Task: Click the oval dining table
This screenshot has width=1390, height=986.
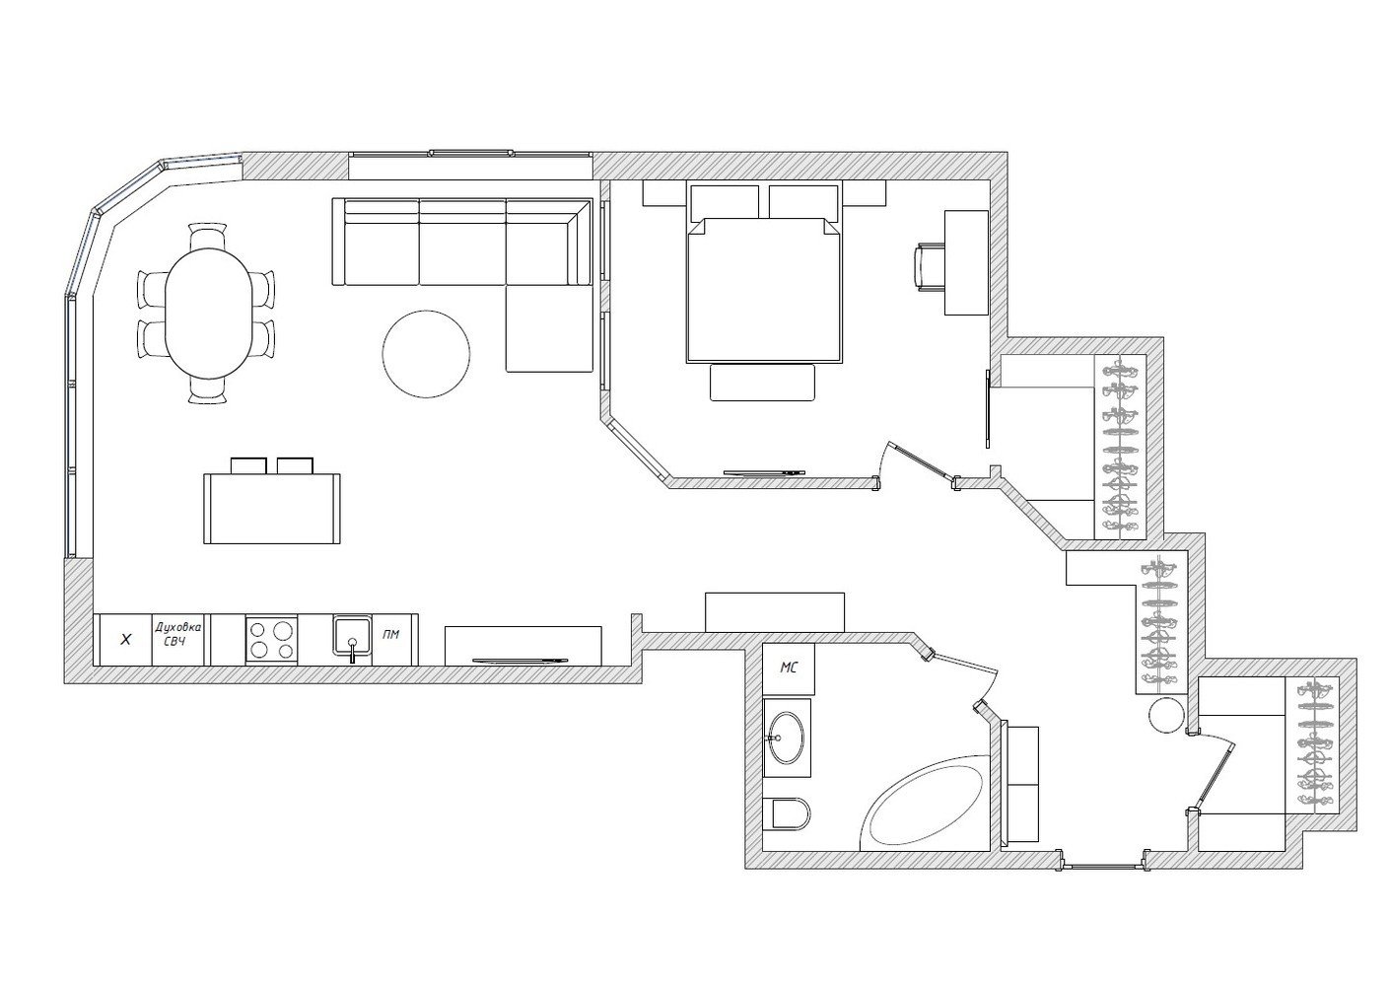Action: (209, 313)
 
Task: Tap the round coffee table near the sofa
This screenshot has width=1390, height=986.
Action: (426, 354)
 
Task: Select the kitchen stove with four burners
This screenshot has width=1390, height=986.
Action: (271, 640)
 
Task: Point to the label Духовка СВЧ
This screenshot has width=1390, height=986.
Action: (178, 634)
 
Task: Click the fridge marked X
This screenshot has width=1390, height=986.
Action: (126, 640)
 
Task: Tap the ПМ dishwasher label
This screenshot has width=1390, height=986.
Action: (391, 634)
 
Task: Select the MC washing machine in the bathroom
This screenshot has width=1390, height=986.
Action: (789, 669)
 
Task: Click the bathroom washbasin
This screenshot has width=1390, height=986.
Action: (787, 738)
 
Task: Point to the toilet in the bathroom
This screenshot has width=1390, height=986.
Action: (787, 814)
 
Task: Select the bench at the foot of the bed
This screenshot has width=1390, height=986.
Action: (762, 383)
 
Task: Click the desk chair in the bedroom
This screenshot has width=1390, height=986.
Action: (930, 267)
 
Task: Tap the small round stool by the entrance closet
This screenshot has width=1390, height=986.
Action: (1167, 716)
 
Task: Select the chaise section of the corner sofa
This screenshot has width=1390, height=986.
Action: (549, 328)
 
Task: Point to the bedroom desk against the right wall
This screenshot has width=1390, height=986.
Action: (966, 262)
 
